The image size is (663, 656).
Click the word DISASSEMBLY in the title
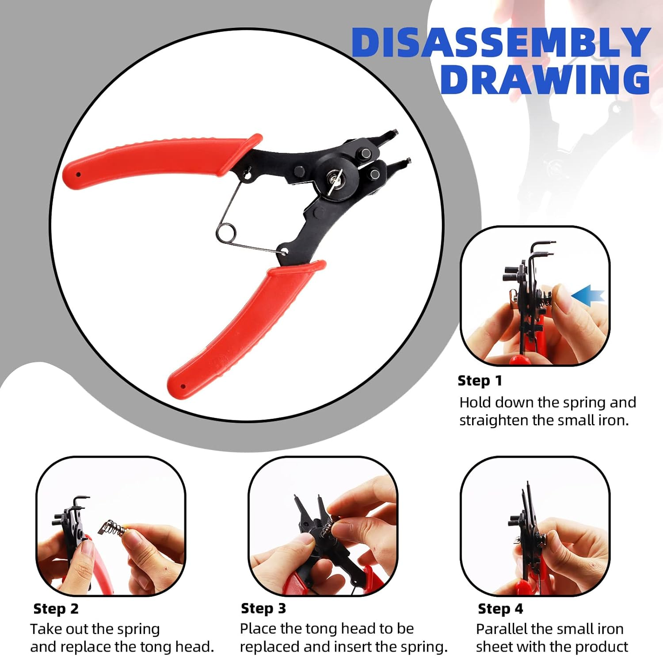[x=500, y=42]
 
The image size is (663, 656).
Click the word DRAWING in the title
[x=545, y=80]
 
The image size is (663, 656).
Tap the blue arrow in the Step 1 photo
[x=587, y=295]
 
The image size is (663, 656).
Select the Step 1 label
[x=480, y=381]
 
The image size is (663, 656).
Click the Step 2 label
[x=56, y=609]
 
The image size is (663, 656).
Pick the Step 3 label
[x=263, y=608]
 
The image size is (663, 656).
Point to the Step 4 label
[x=500, y=609]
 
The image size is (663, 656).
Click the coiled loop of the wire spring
[x=226, y=233]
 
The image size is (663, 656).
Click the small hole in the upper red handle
[x=79, y=174]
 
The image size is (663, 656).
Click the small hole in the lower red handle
[x=183, y=386]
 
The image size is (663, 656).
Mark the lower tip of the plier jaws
[x=408, y=161]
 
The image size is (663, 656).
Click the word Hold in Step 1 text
[x=475, y=402]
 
